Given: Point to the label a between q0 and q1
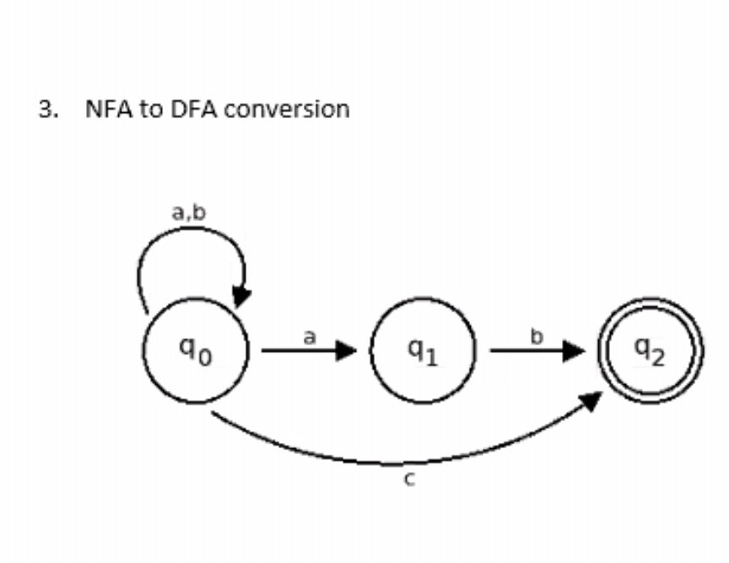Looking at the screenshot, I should [x=309, y=337].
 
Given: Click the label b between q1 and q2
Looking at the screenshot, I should [x=535, y=337].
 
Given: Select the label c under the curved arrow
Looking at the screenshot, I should [x=409, y=480].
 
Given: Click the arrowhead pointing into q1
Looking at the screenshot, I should [x=347, y=350].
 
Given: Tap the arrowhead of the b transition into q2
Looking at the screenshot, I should [x=574, y=350].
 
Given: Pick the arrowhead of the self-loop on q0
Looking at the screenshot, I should [x=242, y=297].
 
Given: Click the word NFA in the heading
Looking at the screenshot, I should [x=109, y=109].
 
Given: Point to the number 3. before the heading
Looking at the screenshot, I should [x=49, y=109].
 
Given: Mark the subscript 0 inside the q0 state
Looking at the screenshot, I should [x=205, y=359].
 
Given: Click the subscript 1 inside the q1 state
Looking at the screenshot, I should [x=431, y=359].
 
